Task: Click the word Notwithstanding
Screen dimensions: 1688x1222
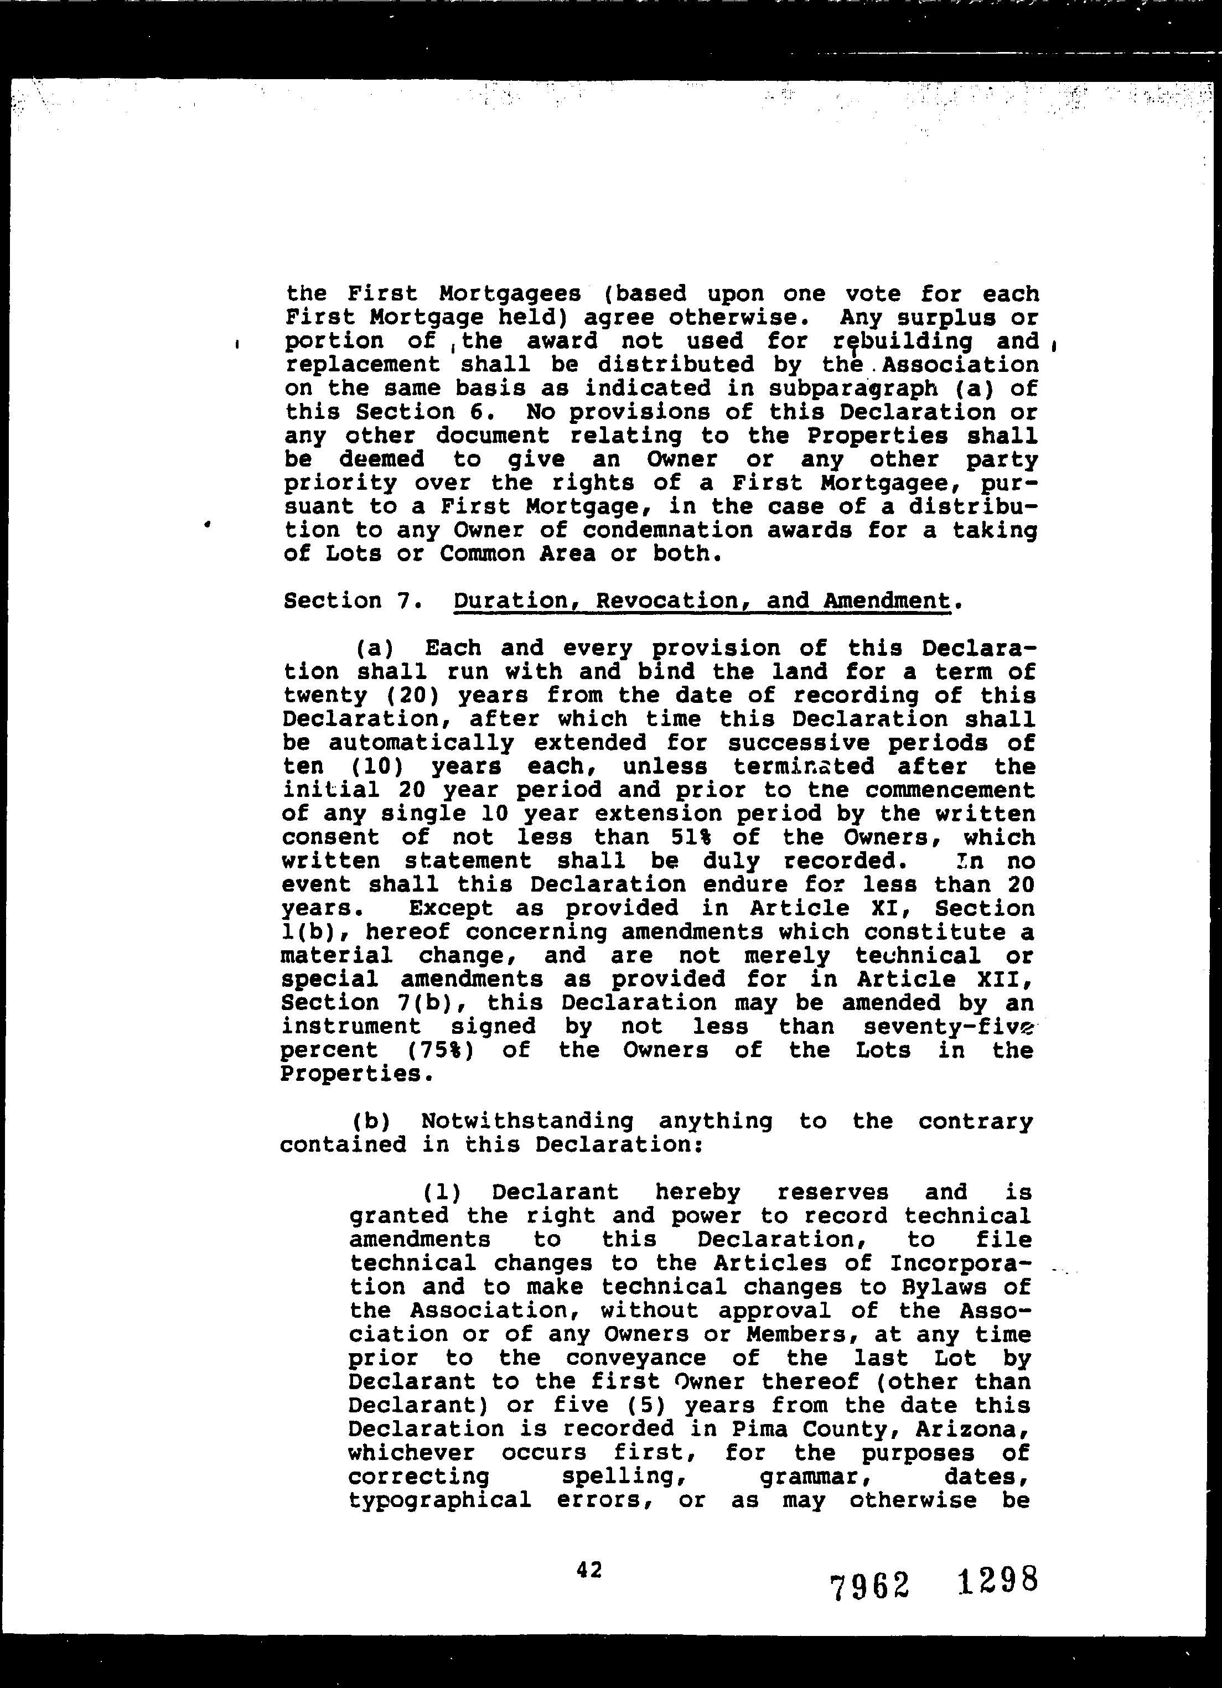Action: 527,1121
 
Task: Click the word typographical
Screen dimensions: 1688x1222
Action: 439,1500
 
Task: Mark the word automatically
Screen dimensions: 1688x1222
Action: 421,743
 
